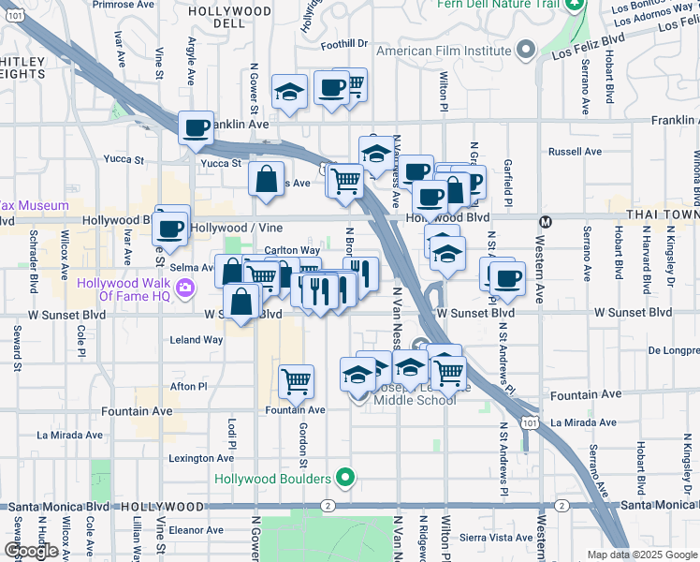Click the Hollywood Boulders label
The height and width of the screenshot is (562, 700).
pyautogui.click(x=272, y=479)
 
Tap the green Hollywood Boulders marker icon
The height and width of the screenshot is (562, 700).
pyautogui.click(x=346, y=479)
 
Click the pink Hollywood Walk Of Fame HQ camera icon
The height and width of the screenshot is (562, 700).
pyautogui.click(x=186, y=287)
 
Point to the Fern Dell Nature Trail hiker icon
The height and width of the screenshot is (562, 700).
pyautogui.click(x=576, y=5)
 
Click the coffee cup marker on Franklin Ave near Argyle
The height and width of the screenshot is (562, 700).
pyautogui.click(x=197, y=128)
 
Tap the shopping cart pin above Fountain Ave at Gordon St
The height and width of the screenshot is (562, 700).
pyautogui.click(x=297, y=381)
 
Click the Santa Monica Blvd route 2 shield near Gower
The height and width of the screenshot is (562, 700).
pyautogui.click(x=328, y=506)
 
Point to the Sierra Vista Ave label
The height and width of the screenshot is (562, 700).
pyautogui.click(x=499, y=538)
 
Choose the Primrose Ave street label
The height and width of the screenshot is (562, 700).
pyautogui.click(x=124, y=4)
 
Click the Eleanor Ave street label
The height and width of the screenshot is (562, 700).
pyautogui.click(x=194, y=529)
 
